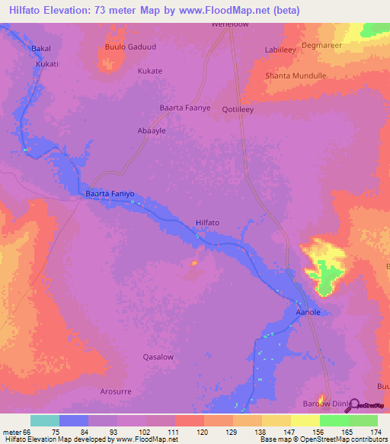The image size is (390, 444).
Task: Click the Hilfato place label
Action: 208,223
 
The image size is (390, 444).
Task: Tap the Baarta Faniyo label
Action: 110,195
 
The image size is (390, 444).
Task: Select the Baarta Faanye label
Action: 184,108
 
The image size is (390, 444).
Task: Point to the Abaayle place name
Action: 151,130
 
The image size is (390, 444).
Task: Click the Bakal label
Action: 40,49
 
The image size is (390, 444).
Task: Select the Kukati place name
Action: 46,65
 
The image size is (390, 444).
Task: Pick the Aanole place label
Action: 307,313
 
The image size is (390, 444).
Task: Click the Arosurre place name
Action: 116,391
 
